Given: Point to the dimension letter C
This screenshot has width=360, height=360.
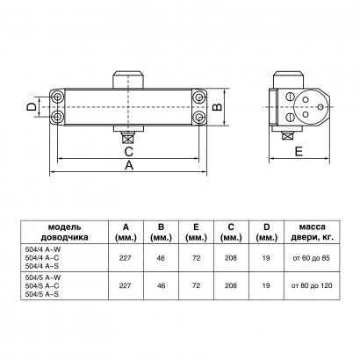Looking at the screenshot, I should pos(128,149).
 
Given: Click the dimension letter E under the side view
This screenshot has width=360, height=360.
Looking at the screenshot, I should pos(298,151).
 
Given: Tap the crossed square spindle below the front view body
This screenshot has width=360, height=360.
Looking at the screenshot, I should pos(129,136).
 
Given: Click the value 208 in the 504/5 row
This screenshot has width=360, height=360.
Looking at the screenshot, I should pos(230,286).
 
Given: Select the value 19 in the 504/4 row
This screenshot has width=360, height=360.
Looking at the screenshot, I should pos(267,260).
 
